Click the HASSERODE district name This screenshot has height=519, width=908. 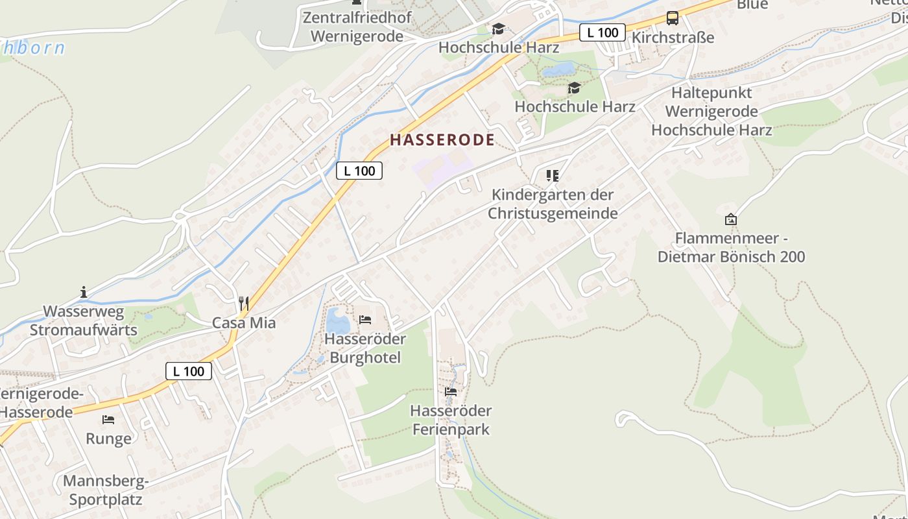point(442,139)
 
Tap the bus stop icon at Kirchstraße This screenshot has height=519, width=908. point(673,18)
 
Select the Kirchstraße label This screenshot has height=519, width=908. point(673,38)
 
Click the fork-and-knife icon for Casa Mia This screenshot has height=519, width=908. point(244,303)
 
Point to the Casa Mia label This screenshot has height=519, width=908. point(244,322)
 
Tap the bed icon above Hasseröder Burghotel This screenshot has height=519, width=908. point(365,319)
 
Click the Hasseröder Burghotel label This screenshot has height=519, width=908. point(365,348)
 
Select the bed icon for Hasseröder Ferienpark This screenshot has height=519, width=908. point(451,391)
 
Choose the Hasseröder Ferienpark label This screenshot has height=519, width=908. point(451,420)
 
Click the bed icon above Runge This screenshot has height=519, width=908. point(108,420)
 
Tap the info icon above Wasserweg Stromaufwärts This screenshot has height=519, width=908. point(84,292)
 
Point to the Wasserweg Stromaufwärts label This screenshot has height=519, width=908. point(84,320)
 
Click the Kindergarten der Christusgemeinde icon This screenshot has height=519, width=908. point(553,175)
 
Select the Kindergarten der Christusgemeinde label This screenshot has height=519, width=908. point(553,204)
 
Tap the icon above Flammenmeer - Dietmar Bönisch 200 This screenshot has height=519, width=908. point(731,219)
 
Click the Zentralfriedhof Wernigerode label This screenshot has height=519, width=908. point(357,27)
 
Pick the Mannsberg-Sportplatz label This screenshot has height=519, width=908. point(106,490)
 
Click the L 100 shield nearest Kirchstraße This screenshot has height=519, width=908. point(602,32)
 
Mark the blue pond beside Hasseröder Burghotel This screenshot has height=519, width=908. point(337,320)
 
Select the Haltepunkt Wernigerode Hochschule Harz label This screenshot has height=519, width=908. point(711,111)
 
